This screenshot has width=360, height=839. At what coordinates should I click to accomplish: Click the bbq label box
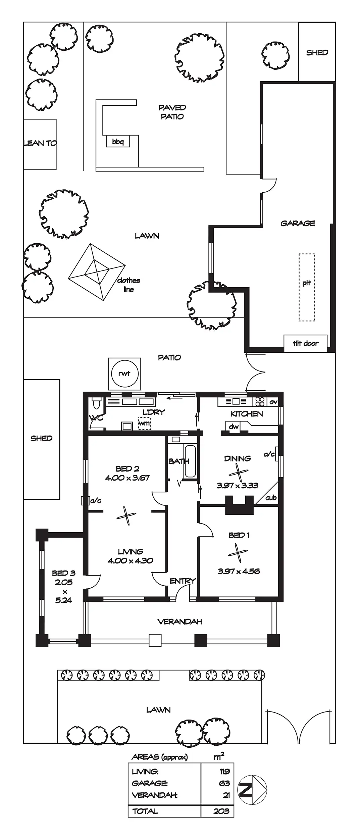pyautogui.click(x=118, y=142)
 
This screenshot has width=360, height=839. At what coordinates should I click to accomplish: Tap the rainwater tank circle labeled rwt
pyautogui.click(x=124, y=373)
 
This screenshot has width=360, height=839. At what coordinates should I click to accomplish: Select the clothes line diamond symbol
pyautogui.click(x=97, y=272)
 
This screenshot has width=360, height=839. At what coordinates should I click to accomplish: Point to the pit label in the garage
pyautogui.click(x=307, y=283)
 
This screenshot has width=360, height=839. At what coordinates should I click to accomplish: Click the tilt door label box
pyautogui.click(x=305, y=343)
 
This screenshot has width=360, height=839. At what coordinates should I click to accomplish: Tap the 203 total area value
pyautogui.click(x=221, y=811)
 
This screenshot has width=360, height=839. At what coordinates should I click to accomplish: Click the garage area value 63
pyautogui.click(x=224, y=783)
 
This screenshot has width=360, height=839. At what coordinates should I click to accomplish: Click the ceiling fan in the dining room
pyautogui.click(x=238, y=473)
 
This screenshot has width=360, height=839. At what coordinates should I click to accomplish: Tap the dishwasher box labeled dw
pyautogui.click(x=234, y=427)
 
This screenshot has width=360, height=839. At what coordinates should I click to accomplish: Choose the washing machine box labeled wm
pyautogui.click(x=144, y=423)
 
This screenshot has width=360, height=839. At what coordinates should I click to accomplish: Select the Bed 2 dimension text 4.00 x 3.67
pyautogui.click(x=127, y=478)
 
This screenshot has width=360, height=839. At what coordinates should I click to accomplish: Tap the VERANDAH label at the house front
pyautogui.click(x=180, y=622)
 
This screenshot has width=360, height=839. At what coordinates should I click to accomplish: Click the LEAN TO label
pyautogui.click(x=40, y=143)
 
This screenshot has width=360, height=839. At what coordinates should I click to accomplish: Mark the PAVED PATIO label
pyautogui.click(x=172, y=112)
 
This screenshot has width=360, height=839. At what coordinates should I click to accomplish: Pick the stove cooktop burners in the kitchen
pyautogui.click(x=260, y=401)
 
